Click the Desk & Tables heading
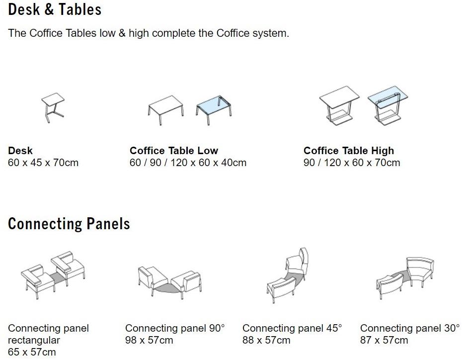coord(55,9)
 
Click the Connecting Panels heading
coord(69,224)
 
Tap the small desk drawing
coord(53,107)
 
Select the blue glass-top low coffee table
coord(214,109)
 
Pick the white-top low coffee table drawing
coord(165,110)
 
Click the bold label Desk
coord(20,151)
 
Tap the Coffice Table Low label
coord(174,151)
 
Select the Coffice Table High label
coord(349,151)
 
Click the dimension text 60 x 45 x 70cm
coord(43,163)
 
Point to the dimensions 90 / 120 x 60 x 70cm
coord(352,163)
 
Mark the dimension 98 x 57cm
coord(149,340)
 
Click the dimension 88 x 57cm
coord(266,340)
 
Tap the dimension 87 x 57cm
coord(384,340)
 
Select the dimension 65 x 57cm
coord(32,352)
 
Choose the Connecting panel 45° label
coord(292,328)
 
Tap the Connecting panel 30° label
coord(410,328)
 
